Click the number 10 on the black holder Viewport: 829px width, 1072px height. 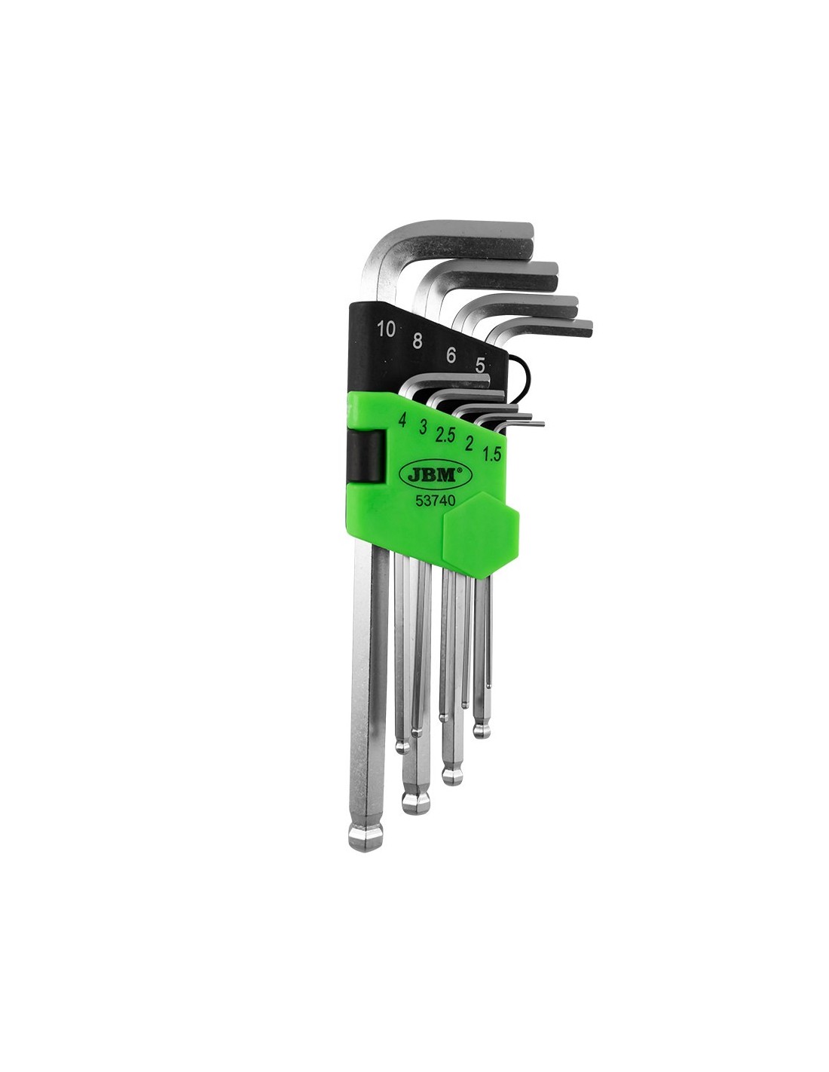click(386, 329)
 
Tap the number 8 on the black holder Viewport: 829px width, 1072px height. click(418, 342)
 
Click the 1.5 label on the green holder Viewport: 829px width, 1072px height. click(491, 453)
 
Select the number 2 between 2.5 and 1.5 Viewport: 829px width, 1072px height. click(469, 444)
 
